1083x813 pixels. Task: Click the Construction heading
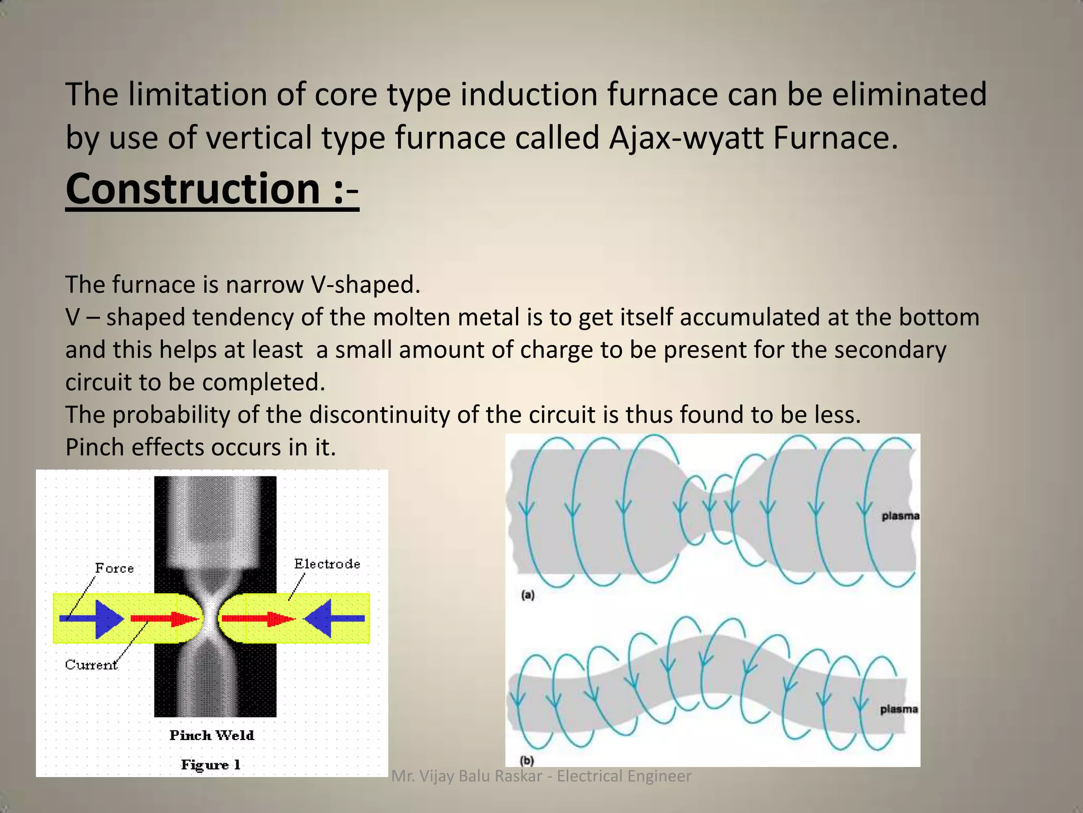click(212, 189)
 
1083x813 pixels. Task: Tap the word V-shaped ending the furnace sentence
click(365, 285)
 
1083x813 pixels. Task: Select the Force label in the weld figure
click(114, 568)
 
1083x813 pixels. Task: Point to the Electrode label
click(327, 564)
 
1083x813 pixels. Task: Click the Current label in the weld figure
click(91, 665)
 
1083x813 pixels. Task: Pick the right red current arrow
click(257, 618)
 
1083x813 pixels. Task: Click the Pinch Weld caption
click(212, 735)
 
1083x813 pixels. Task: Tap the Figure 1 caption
click(210, 765)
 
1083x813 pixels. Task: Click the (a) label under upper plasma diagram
click(527, 595)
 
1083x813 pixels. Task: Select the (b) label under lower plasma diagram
click(527, 761)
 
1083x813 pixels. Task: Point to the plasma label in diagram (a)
click(900, 516)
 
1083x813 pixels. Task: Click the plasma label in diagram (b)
click(898, 709)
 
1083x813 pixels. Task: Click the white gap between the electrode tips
click(210, 618)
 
